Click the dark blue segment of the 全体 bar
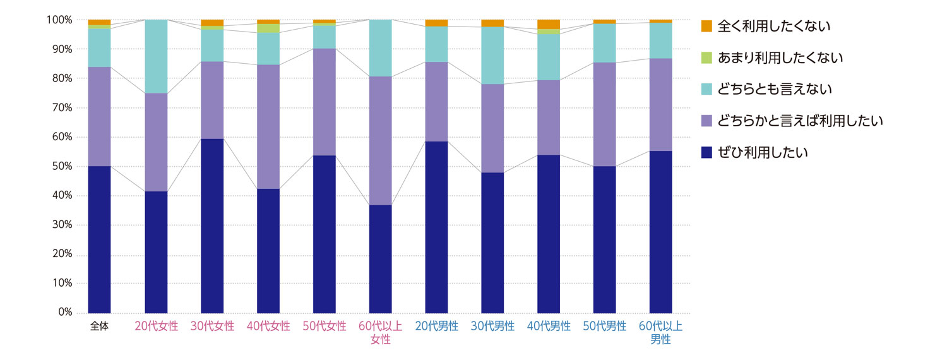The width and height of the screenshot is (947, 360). coord(99,239)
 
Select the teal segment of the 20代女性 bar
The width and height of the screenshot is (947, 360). coord(156,56)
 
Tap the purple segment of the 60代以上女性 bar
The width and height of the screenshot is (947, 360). coord(380,141)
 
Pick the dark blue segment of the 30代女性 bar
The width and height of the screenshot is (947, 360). coord(212,225)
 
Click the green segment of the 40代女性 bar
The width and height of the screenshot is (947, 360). coord(268,28)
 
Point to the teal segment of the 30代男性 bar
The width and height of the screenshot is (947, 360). coord(492,56)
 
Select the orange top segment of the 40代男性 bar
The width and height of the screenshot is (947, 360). coord(549,24)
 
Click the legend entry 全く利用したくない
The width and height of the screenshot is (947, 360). coord(773,27)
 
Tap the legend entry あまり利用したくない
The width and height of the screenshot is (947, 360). coord(780,58)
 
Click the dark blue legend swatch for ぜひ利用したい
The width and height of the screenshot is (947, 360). coord(706,152)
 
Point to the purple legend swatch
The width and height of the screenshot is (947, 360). coord(706,121)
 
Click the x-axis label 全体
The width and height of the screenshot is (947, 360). coord(99,327)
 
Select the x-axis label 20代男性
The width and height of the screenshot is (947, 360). coord(436,327)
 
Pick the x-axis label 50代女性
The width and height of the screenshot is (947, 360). coord(325,327)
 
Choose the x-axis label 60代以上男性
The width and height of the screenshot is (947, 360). coord(660,333)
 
